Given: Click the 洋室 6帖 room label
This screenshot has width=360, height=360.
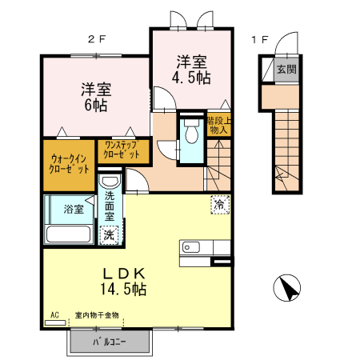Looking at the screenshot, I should coord(94,97).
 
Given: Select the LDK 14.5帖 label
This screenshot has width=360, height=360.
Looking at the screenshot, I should coord(122,279).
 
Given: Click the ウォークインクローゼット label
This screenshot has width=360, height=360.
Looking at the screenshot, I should coord(68,165).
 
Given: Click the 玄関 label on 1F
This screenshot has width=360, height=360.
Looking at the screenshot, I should coord(286,70).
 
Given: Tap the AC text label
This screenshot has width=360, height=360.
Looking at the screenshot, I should coord(54,316).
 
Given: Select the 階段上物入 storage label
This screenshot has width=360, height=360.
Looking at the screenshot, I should coord(219,125).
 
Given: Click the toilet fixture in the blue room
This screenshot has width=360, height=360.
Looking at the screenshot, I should coord(190,135).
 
